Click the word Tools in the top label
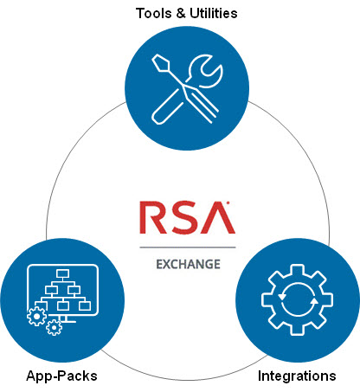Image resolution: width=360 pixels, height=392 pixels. point(151,13)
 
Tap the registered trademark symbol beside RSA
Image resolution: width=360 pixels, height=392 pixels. point(228,205)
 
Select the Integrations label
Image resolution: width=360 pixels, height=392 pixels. point(297,376)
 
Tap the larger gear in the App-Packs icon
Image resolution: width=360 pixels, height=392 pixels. point(37,317)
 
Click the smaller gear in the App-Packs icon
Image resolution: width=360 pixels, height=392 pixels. point(54,327)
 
